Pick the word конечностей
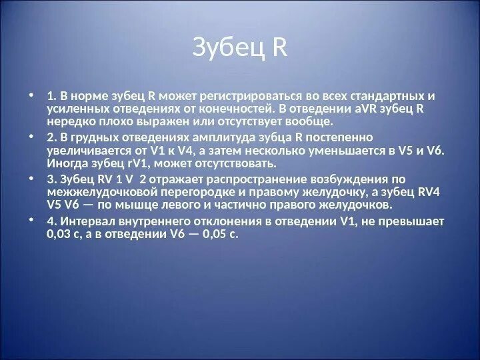click(x=228, y=109)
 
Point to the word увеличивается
click(x=85, y=151)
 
